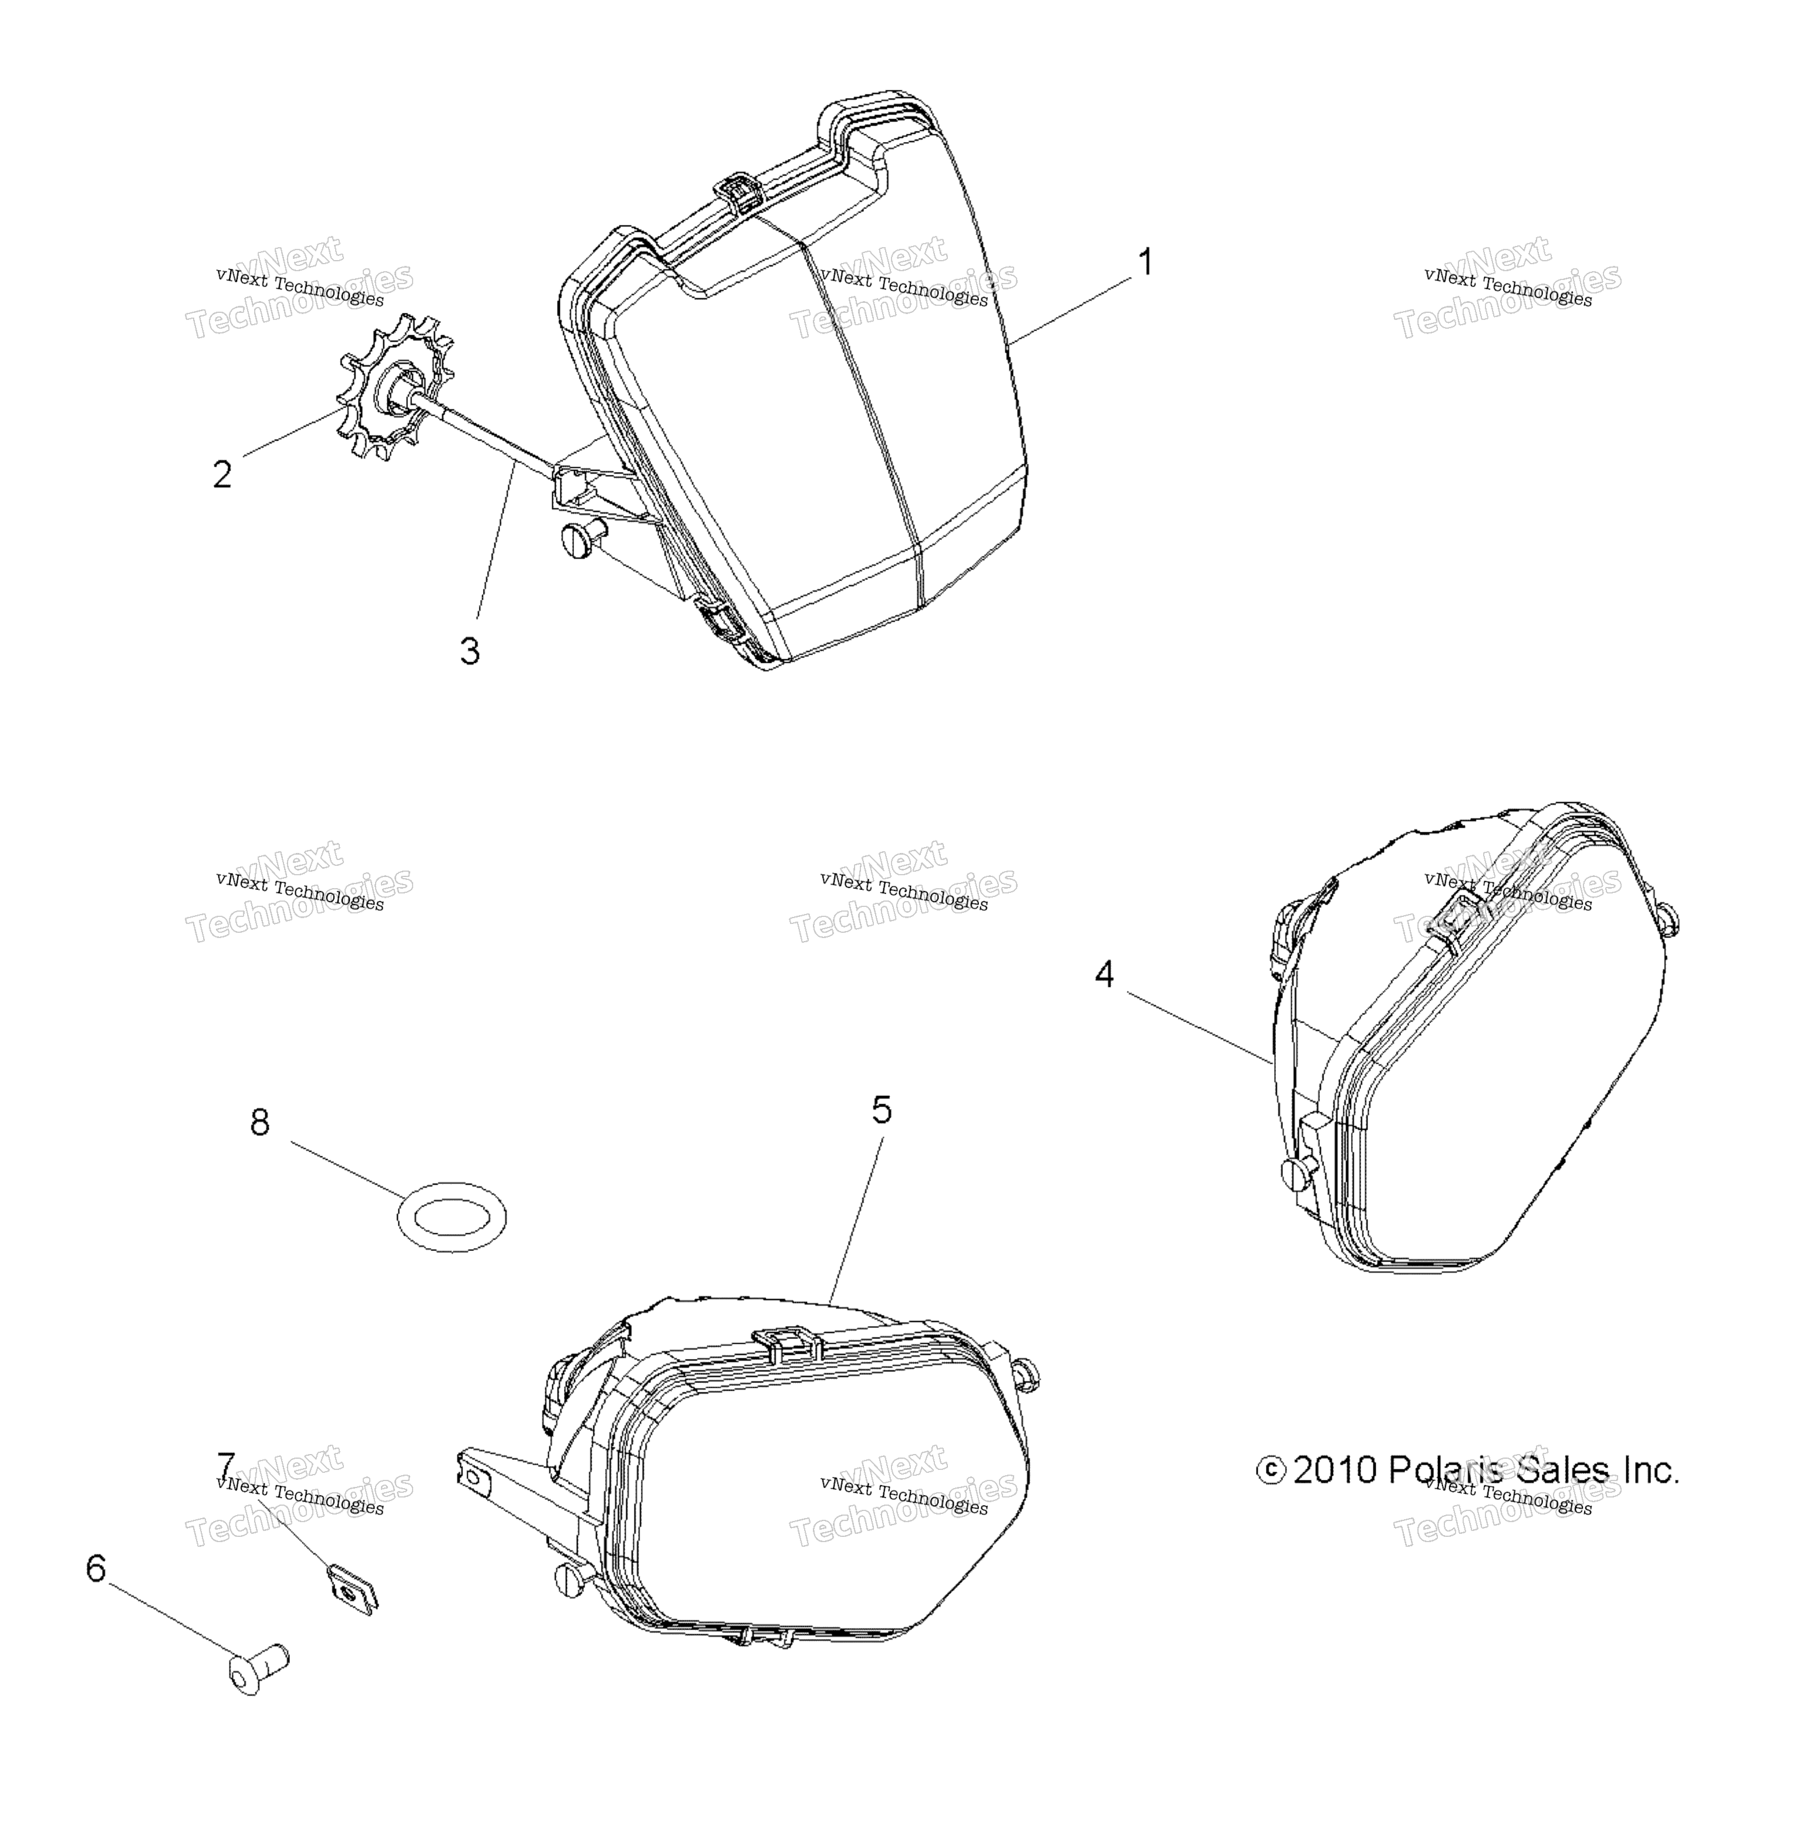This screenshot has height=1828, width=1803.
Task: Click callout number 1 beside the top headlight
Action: tap(1144, 262)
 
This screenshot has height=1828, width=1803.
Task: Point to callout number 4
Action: tap(1104, 974)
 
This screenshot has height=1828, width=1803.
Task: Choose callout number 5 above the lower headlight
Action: tap(882, 1109)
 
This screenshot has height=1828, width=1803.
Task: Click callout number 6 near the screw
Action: tap(96, 1568)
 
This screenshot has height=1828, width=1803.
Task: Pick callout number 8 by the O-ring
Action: tap(259, 1122)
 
